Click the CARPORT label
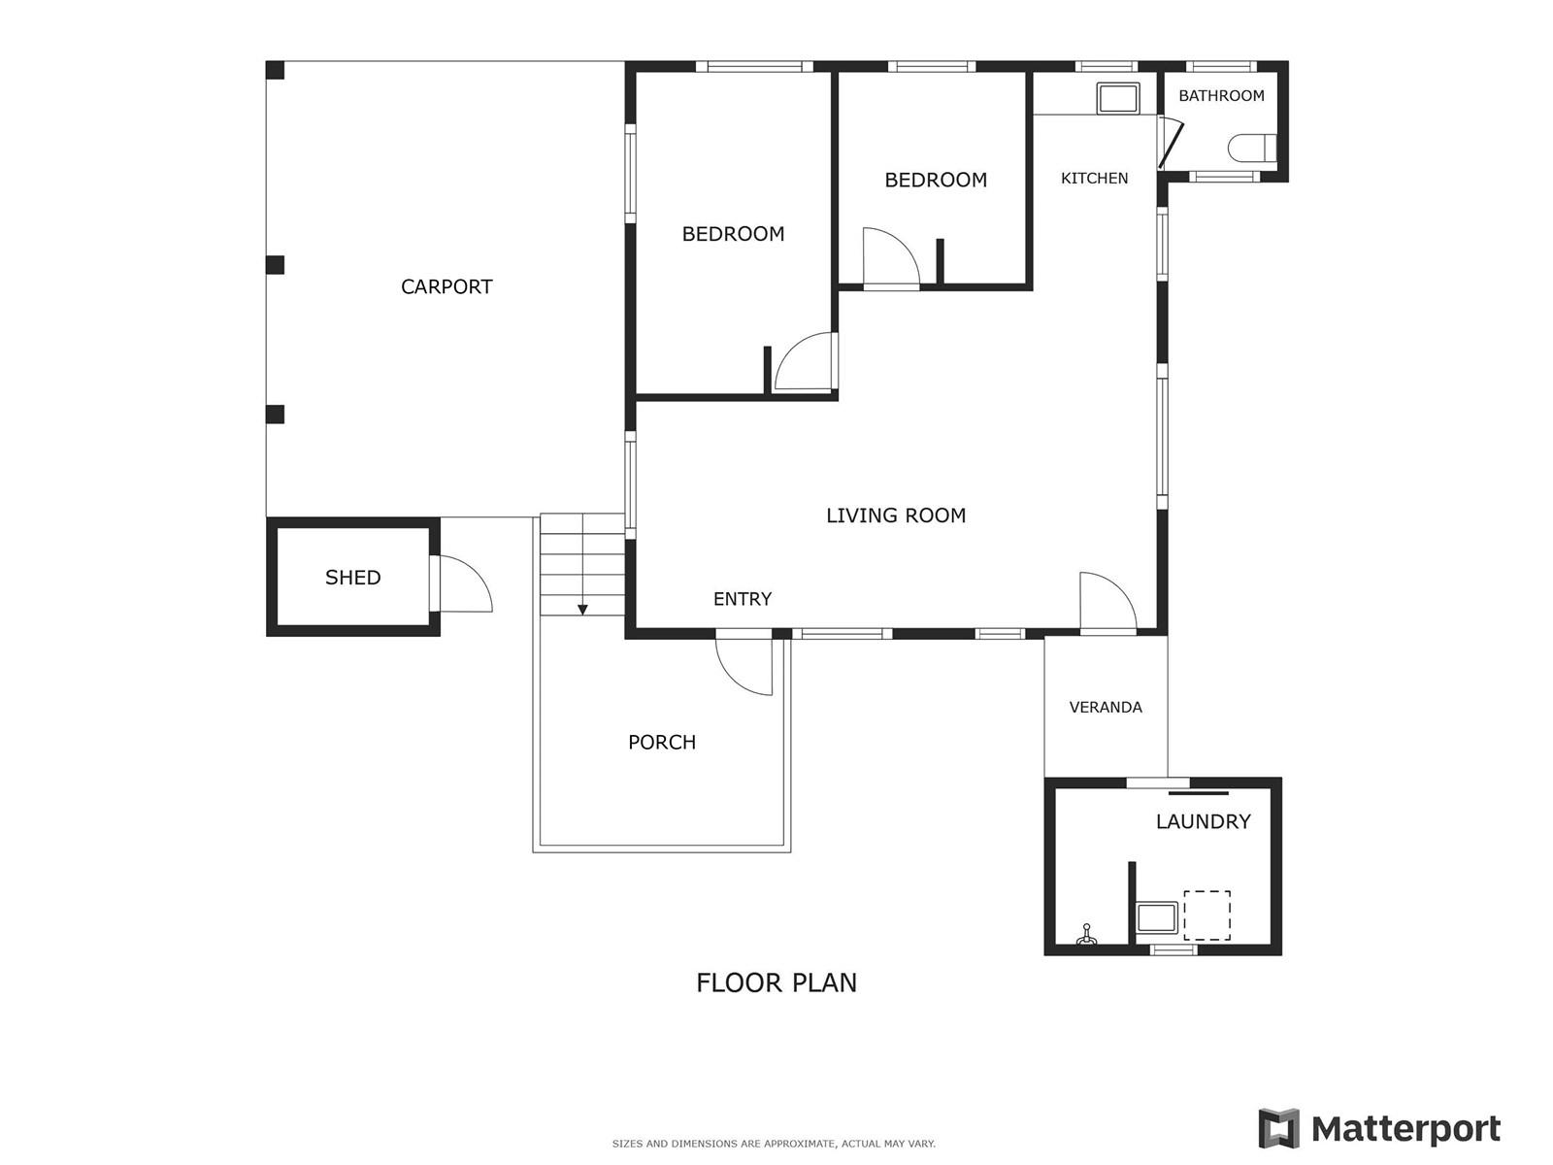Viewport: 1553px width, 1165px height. (x=446, y=286)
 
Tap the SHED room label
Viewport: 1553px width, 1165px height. (x=352, y=578)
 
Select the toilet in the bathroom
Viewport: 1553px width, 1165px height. (x=1251, y=149)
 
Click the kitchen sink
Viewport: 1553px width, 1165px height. (x=1118, y=99)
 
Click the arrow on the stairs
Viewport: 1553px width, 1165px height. (x=582, y=609)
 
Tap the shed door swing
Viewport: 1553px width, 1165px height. (x=464, y=584)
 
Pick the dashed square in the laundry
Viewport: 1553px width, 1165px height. (x=1206, y=915)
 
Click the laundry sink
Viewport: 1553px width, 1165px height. (x=1157, y=917)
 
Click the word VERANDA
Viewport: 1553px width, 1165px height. (x=1106, y=708)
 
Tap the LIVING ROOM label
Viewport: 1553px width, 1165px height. (x=896, y=516)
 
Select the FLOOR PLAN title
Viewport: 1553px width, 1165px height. (x=776, y=982)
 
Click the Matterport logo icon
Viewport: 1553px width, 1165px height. (x=1279, y=1128)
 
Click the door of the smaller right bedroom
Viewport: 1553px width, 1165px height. (x=890, y=258)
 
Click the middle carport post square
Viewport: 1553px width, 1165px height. (x=275, y=265)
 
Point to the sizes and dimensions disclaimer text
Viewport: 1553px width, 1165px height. (x=774, y=1144)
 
